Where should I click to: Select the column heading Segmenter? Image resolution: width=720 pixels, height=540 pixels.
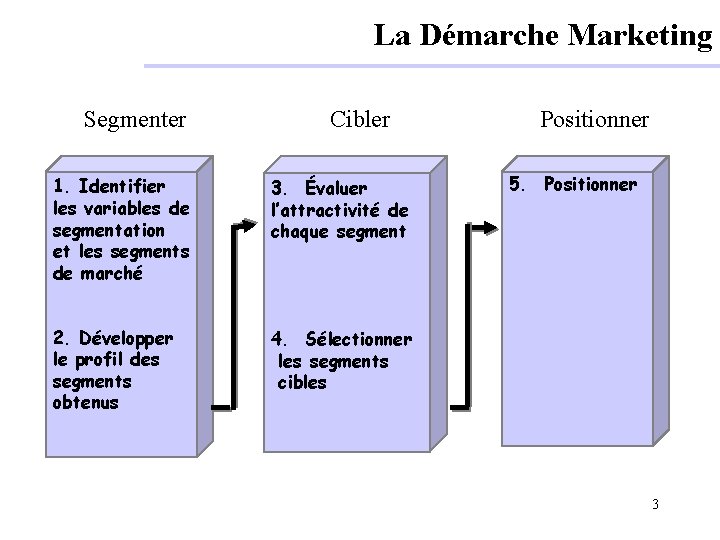[135, 121]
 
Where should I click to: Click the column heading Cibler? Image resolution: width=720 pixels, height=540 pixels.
[360, 121]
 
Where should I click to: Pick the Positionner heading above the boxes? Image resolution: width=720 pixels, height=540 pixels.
[594, 121]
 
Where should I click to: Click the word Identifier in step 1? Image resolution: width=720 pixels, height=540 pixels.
[121, 186]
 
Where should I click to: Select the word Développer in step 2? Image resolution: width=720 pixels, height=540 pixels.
[125, 338]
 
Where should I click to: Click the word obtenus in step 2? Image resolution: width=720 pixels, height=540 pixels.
[85, 403]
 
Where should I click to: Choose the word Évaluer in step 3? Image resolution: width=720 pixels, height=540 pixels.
[336, 188]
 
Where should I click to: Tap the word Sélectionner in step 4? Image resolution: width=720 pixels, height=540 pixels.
[358, 339]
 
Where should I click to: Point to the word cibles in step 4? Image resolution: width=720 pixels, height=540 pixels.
[302, 383]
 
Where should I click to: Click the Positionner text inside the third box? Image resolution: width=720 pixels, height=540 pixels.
[590, 185]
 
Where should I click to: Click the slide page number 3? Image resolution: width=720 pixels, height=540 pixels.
[655, 504]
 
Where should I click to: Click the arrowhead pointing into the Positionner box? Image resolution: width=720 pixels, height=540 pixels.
[487, 227]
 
